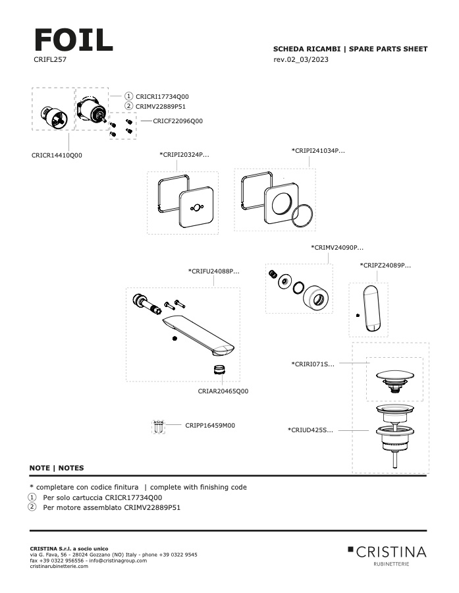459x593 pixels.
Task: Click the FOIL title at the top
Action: [x=72, y=40]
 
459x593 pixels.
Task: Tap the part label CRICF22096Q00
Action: [x=178, y=121]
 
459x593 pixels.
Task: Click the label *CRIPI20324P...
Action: [x=184, y=155]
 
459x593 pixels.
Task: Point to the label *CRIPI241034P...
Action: [x=318, y=151]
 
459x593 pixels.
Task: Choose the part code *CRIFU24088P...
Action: [x=213, y=271]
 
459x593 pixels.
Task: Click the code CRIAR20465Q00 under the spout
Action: [x=223, y=391]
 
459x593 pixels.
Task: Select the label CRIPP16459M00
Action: [x=210, y=425]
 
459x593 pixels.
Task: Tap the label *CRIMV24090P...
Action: [x=337, y=248]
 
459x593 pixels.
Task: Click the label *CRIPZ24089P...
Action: [x=385, y=265]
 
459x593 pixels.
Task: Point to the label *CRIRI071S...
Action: [x=313, y=363]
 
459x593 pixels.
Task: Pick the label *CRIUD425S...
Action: [x=310, y=430]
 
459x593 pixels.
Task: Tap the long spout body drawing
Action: [x=198, y=333]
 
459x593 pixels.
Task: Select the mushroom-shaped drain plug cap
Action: [x=394, y=377]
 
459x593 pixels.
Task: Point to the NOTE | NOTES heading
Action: [x=57, y=468]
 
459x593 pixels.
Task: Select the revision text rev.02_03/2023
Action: [x=301, y=60]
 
